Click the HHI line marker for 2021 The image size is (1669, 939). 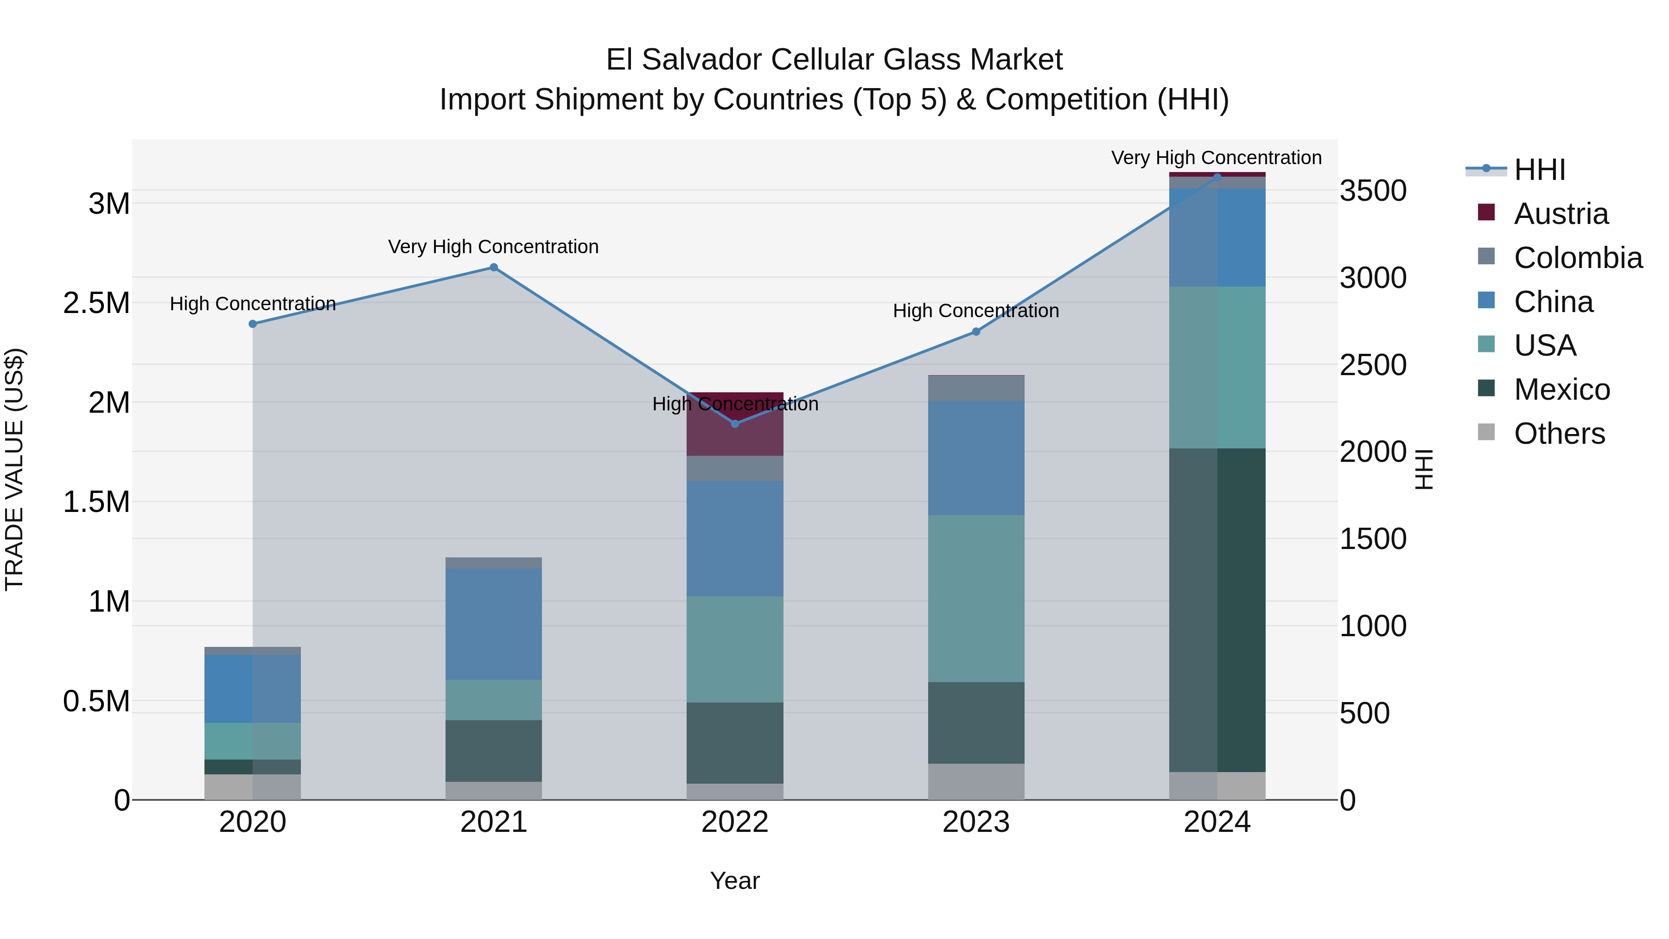(x=494, y=268)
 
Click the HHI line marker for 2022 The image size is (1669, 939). (x=735, y=424)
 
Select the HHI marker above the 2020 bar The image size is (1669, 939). (x=253, y=324)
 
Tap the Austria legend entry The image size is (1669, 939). (x=1560, y=214)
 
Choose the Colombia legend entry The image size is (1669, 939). (x=1577, y=258)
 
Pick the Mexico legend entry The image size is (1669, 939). (x=1561, y=390)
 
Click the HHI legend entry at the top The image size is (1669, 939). (x=1539, y=170)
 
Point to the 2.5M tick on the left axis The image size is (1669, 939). (x=96, y=303)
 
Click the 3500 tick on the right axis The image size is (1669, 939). (x=1373, y=191)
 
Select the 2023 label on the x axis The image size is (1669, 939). (x=976, y=822)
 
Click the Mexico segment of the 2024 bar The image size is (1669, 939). (x=1217, y=609)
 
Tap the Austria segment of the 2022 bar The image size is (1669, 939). (x=735, y=434)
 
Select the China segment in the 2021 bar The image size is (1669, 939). (x=494, y=623)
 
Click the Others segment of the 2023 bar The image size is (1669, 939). (x=976, y=781)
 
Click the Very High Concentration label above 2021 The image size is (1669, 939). (x=494, y=247)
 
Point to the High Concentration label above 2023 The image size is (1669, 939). (x=976, y=311)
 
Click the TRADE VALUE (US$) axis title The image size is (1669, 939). (x=14, y=469)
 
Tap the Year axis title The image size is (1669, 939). (x=735, y=881)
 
